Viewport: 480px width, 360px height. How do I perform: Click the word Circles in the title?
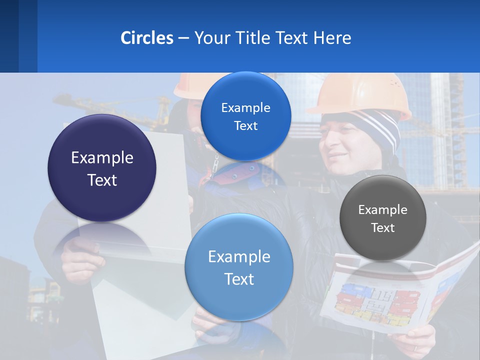tap(147, 38)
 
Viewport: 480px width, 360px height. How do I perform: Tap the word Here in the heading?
tap(332, 38)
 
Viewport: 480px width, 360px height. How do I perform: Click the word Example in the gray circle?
tap(383, 210)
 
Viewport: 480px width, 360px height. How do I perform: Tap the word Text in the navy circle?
tap(102, 180)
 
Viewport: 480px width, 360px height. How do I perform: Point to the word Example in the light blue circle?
tap(239, 256)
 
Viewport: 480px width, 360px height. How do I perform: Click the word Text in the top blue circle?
tap(245, 125)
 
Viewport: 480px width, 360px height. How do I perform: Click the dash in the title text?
tap(183, 38)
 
